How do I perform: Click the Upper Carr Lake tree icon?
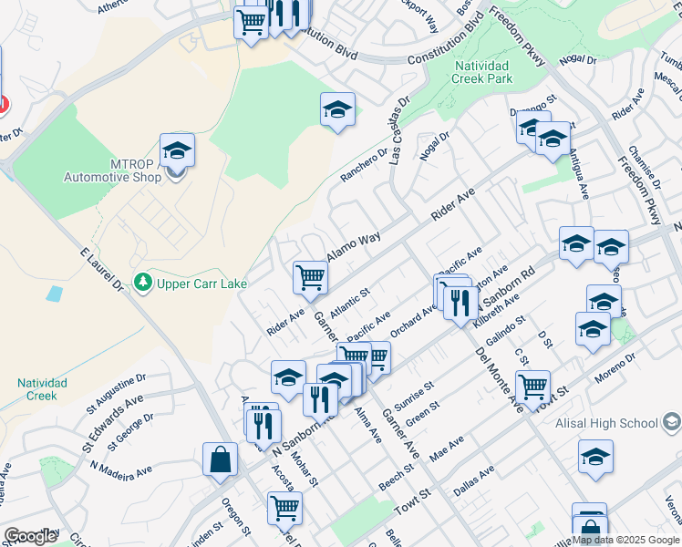click(142, 284)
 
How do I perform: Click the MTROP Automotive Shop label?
click(112, 170)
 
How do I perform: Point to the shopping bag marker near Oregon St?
click(222, 460)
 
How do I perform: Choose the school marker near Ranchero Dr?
click(337, 110)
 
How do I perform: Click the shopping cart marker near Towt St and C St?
click(532, 386)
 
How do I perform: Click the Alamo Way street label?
click(354, 247)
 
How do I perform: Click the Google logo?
click(30, 536)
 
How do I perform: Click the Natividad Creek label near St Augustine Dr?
click(42, 389)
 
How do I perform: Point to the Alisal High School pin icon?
click(672, 422)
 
